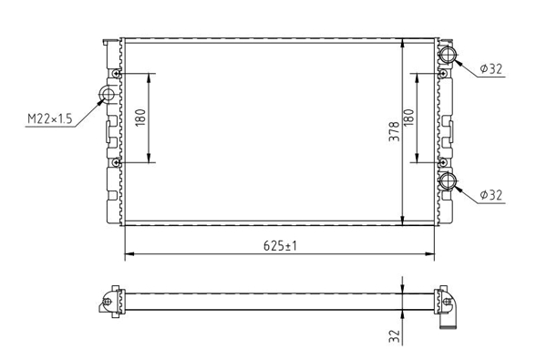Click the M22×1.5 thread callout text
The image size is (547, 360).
[x=50, y=118]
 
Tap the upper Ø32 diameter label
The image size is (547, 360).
[x=490, y=68]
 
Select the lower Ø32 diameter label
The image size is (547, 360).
[x=490, y=195]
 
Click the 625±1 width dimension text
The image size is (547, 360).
[x=280, y=246]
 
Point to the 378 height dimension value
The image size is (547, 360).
[x=394, y=131]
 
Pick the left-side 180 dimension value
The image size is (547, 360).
[x=140, y=118]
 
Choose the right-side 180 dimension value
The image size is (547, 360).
[x=408, y=118]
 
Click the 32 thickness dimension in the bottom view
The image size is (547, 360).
[x=394, y=336]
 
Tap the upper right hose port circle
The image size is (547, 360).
[x=448, y=55]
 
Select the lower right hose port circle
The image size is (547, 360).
[x=448, y=180]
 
